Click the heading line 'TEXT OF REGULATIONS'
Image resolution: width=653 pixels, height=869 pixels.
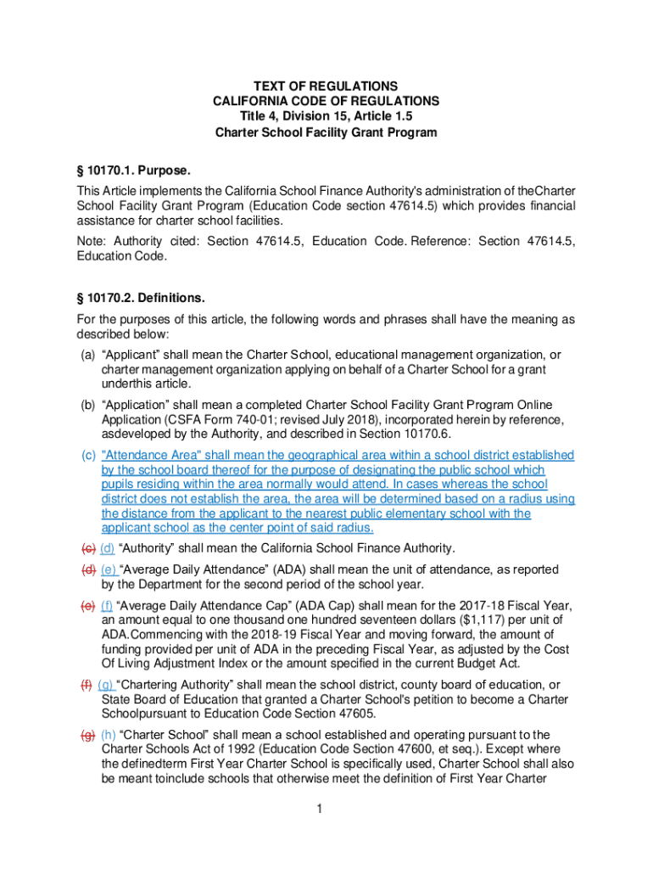326,86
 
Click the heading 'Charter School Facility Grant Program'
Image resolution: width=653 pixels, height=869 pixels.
326,132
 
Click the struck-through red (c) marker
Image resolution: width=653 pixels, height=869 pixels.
87,547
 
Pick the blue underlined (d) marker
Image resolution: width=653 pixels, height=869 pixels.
107,547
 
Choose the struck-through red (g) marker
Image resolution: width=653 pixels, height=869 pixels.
87,734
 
